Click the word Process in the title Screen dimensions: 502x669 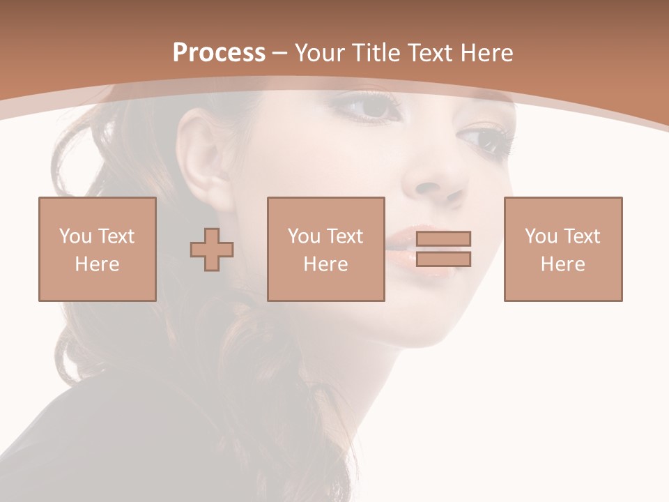click(x=219, y=53)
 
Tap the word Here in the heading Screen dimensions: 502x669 click(x=483, y=53)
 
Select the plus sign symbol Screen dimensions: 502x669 click(x=212, y=249)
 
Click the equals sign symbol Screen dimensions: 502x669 click(x=443, y=249)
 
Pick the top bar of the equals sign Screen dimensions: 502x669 click(x=443, y=238)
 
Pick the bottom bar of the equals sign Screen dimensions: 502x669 click(x=443, y=259)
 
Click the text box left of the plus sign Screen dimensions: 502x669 click(x=97, y=249)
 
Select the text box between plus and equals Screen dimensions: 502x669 click(x=325, y=249)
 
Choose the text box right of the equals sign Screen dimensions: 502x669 click(x=562, y=249)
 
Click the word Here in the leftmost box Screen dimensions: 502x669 click(x=97, y=264)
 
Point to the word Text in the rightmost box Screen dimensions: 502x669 click(x=583, y=236)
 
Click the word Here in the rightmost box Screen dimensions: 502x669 click(x=562, y=264)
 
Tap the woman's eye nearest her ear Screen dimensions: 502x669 click(x=369, y=107)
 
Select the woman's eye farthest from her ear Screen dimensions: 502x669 click(x=485, y=137)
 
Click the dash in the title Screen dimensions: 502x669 click(x=280, y=53)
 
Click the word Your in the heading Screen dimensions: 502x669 click(x=321, y=53)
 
